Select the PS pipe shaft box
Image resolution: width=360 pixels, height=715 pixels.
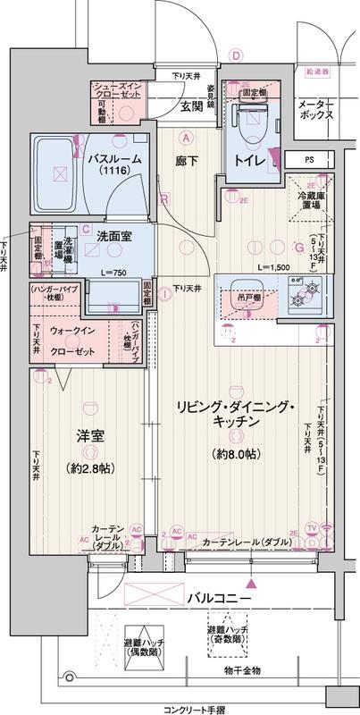click(309, 160)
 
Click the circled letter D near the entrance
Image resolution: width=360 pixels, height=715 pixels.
click(237, 55)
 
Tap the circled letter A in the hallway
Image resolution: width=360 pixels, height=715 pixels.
click(186, 138)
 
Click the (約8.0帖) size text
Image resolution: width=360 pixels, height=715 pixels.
click(237, 454)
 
